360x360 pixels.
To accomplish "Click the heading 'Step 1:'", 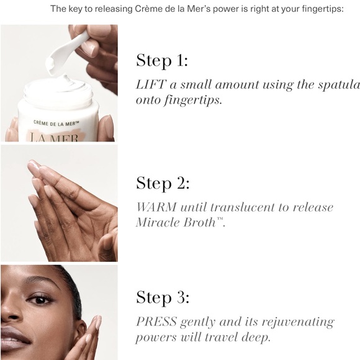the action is (x=162, y=61).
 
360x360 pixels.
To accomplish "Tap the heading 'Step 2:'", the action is (x=163, y=183).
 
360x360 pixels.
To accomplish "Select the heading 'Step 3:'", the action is (x=163, y=297).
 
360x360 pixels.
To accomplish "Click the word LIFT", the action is (x=150, y=84).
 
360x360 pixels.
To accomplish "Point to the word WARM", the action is (x=156, y=207).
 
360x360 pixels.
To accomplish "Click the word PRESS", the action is (x=156, y=322).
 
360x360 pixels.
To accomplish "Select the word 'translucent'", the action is (x=242, y=207).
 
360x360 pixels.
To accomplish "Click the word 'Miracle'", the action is (x=157, y=222).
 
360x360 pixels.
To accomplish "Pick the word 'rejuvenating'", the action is (x=298, y=322).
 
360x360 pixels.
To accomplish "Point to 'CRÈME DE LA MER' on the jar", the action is (x=56, y=123).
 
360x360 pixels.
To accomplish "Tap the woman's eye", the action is (x=40, y=300).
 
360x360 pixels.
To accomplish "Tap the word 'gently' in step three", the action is (x=197, y=323).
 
